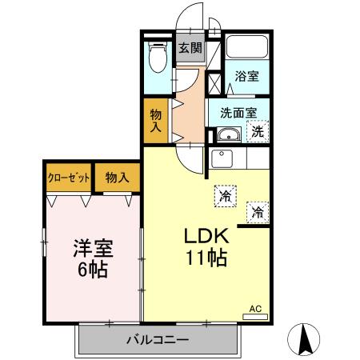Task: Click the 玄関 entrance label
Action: point(189,48)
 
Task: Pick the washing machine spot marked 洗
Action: point(259,130)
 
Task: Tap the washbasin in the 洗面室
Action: point(228,134)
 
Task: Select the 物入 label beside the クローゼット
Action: point(117,178)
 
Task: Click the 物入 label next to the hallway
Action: point(156,120)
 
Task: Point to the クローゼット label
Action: point(68,178)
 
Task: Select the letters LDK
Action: point(208,237)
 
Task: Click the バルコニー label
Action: point(157,340)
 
